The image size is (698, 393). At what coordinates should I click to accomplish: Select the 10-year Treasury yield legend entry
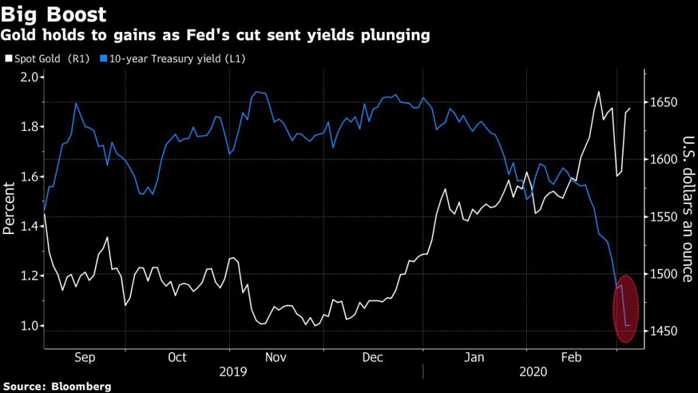[x=174, y=59]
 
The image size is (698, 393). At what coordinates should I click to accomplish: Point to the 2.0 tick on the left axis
[x=27, y=76]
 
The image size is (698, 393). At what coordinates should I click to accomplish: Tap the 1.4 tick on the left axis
[x=27, y=226]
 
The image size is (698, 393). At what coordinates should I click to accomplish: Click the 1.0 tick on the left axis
[x=27, y=325]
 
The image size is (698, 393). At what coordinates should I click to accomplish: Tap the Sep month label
[x=85, y=357]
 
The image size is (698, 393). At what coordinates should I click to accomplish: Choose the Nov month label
[x=275, y=357]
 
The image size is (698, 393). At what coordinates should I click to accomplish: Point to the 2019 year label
[x=233, y=372]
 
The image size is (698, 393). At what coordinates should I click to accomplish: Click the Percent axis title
[x=9, y=209]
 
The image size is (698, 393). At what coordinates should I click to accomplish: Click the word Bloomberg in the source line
[x=82, y=386]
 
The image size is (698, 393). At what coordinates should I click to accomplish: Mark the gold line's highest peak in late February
[x=598, y=91]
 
